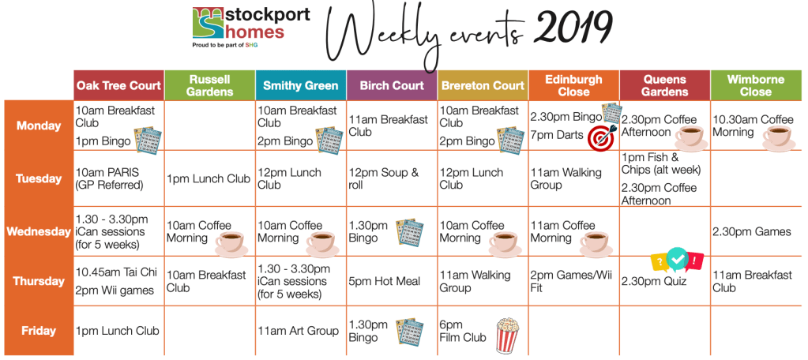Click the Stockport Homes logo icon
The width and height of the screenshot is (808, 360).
[x=209, y=23]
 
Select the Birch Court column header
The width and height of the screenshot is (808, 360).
[x=392, y=85]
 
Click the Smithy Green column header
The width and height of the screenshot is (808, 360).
[x=301, y=85]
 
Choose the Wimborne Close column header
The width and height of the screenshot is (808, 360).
[x=756, y=85]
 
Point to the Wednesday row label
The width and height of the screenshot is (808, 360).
[x=39, y=232]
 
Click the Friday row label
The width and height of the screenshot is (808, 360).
[x=39, y=331]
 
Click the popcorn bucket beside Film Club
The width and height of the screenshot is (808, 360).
[x=507, y=336]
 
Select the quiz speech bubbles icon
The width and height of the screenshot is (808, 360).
[x=677, y=261]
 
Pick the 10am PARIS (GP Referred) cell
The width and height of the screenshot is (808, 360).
[x=119, y=178]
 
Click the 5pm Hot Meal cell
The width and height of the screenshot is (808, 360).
[x=392, y=281]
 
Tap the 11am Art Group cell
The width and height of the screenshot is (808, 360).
[x=301, y=331]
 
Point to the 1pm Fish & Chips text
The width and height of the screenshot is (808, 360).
[x=661, y=163]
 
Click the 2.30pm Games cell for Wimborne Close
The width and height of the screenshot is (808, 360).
[x=756, y=232]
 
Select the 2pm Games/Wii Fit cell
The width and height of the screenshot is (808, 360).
[x=574, y=281]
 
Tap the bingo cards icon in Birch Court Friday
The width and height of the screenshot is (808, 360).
[x=410, y=331]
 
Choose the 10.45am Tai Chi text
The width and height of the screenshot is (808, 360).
[x=116, y=272]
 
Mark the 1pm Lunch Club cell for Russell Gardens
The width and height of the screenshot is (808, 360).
[x=210, y=178]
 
